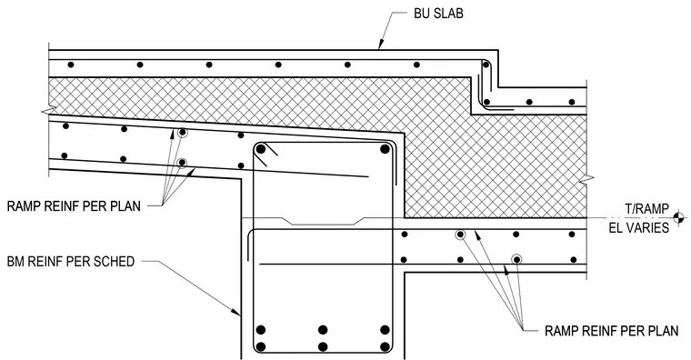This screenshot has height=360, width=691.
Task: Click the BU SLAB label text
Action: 438,14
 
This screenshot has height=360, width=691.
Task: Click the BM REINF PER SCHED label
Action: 71,261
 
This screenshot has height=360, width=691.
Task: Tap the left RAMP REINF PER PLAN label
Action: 74,205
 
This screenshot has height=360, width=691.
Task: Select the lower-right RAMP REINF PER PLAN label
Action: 611,331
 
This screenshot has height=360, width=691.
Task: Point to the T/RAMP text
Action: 646,208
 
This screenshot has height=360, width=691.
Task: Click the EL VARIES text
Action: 639,228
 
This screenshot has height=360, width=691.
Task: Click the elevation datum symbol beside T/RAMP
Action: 679,217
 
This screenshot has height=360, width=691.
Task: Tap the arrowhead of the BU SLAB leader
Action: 379,45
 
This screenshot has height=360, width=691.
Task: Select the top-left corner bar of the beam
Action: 261,149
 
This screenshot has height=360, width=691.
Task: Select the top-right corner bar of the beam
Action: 385,149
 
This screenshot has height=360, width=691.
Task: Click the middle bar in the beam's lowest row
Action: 323,346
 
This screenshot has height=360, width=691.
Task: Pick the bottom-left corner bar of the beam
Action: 261,346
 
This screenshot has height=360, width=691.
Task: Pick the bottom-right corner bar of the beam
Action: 385,346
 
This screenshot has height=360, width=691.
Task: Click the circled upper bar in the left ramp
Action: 182,132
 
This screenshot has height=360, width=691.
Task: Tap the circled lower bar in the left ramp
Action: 182,163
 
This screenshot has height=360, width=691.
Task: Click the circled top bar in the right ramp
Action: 460,235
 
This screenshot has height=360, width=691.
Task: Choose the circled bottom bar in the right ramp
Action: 516,259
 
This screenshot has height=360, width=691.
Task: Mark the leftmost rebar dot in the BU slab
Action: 71,65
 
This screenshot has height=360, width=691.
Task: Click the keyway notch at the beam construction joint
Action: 324,221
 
